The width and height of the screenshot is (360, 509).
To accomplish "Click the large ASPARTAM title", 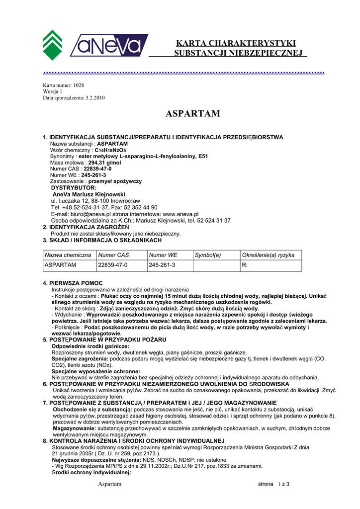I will [192, 114].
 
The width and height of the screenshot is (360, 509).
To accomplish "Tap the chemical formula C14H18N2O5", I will [110, 150].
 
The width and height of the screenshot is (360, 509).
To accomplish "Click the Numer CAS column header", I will [114, 255].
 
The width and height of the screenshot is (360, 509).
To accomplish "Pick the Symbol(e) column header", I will [208, 255].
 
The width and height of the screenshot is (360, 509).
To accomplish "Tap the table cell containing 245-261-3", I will [162, 265].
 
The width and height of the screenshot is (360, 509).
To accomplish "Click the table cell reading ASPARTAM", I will [60, 265].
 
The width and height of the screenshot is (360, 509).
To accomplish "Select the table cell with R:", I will [245, 265].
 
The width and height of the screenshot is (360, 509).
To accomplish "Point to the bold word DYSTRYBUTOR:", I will [74, 188].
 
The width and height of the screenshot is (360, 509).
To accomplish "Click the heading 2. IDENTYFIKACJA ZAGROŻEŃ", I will [86, 227].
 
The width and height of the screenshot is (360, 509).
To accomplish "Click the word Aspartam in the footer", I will [109, 484].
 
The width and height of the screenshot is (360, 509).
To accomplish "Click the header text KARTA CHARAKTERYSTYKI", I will [236, 43].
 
